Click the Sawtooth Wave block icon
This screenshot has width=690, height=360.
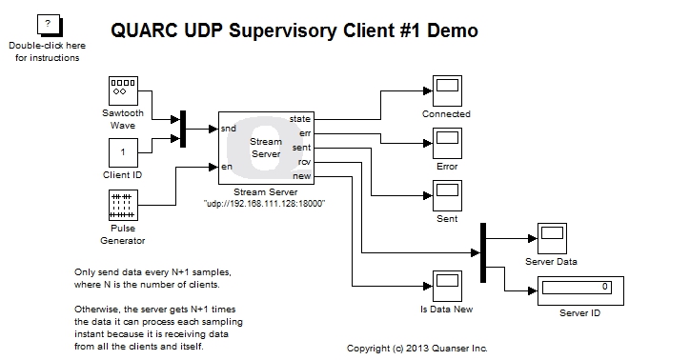click(x=121, y=90)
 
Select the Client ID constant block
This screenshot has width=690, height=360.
click(x=121, y=152)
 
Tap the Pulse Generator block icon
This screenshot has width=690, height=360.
click(x=121, y=205)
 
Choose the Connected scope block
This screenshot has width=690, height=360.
click(x=446, y=90)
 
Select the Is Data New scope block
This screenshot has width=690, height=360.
click(x=446, y=285)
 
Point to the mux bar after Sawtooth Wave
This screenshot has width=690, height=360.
click(x=183, y=129)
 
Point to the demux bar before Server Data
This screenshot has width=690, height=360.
click(x=483, y=252)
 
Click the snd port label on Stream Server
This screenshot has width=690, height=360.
click(x=229, y=128)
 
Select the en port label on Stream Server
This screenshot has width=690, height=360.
click(x=227, y=167)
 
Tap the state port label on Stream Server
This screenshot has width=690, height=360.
click(x=300, y=118)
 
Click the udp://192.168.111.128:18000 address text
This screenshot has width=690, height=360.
click(x=265, y=204)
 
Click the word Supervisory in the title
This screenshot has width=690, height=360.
click(x=283, y=30)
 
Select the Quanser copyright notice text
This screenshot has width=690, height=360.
click(x=416, y=349)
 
